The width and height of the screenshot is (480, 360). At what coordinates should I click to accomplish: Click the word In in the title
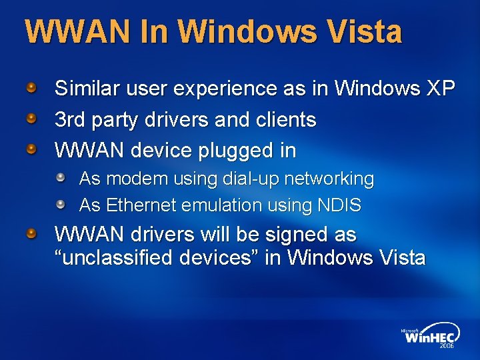(157, 32)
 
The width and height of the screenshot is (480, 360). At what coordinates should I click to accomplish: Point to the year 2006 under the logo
(446, 347)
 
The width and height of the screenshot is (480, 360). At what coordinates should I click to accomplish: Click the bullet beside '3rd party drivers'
(31, 119)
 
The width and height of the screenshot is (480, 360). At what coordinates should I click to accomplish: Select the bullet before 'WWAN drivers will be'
(31, 234)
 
